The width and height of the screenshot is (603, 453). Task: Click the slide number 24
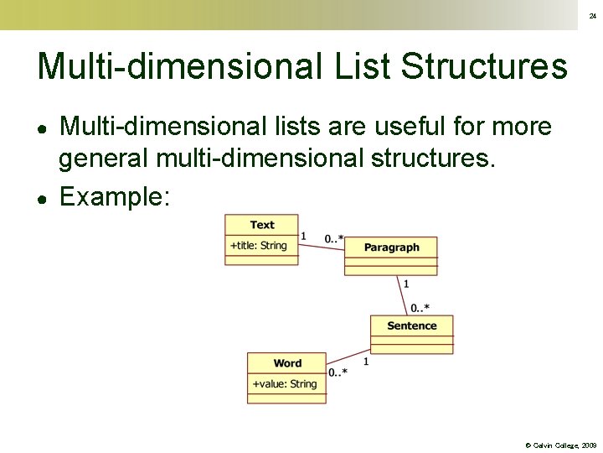tap(591, 16)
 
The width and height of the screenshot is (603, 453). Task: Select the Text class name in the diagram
tap(261, 225)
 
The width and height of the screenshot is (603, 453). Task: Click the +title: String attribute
tap(258, 246)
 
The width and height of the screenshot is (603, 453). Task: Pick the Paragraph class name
tap(391, 247)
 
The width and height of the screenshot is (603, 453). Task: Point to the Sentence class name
tap(411, 325)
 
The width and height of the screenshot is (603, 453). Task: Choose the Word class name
tap(287, 363)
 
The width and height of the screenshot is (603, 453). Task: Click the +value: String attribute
tap(285, 384)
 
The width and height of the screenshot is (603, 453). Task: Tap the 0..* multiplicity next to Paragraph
tap(334, 239)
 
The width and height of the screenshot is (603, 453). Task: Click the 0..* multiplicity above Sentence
tap(420, 308)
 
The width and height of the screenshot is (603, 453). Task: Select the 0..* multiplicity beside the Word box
tap(338, 372)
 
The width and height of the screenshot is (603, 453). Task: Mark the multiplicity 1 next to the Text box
tap(303, 236)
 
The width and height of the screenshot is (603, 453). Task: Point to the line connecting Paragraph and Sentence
tap(400, 294)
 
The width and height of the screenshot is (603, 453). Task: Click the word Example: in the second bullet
tap(116, 197)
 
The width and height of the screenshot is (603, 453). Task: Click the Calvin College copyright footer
tap(560, 445)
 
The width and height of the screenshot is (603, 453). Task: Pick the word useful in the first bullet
tap(403, 128)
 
